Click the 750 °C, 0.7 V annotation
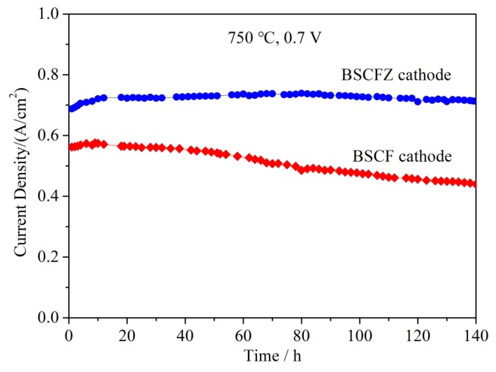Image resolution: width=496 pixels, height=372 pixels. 275,38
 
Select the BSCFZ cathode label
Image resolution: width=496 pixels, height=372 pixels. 396,75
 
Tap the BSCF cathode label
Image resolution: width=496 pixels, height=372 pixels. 402,156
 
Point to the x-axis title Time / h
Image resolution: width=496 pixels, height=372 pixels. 272,356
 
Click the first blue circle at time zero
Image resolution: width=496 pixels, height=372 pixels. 71,109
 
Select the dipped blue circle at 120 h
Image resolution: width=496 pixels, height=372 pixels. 418,102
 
